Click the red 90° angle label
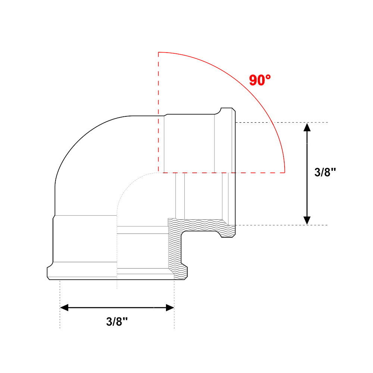[x=260, y=80]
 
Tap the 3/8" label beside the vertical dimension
[x=325, y=172]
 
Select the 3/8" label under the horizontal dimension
[x=117, y=322]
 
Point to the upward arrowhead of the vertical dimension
[x=307, y=128]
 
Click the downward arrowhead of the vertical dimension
[x=307, y=220]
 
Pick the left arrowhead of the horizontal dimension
[x=64, y=307]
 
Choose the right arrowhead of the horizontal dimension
[x=170, y=307]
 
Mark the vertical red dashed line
[x=159, y=112]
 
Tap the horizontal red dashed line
[x=222, y=173]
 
